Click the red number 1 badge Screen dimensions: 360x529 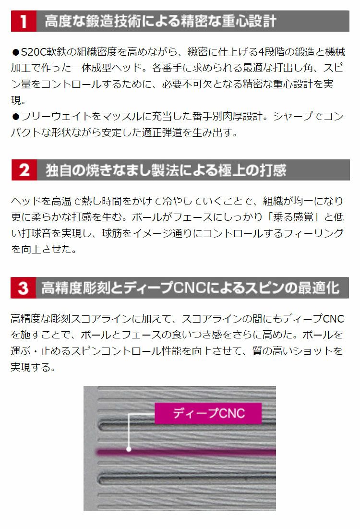24,21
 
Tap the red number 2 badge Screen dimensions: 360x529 24,170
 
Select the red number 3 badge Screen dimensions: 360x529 24,288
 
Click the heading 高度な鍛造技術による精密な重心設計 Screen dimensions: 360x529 161,21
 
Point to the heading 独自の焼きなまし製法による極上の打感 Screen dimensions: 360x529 166,170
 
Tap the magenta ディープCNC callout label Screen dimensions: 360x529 208,413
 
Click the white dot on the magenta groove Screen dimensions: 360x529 129,449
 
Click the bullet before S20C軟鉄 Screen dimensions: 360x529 15,52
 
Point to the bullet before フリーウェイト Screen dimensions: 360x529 15,117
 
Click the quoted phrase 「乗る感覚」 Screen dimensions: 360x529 293,217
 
